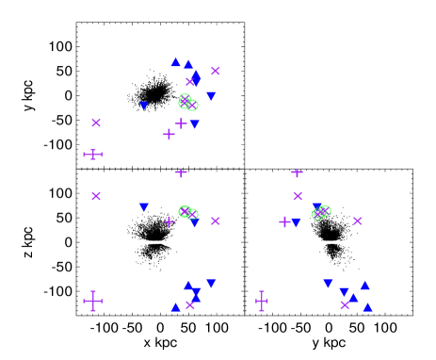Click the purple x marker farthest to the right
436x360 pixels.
tap(358, 221)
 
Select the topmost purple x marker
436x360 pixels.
tap(216, 71)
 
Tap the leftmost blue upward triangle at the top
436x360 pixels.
tap(175, 62)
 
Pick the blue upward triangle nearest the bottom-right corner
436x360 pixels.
tap(367, 307)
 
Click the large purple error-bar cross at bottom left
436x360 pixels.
tap(92, 301)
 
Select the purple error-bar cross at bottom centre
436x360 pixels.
tap(262, 301)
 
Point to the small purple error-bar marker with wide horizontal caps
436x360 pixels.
tap(92, 154)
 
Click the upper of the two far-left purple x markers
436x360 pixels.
tap(96, 123)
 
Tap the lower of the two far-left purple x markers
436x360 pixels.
tap(96, 196)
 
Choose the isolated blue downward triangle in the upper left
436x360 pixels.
tap(144, 106)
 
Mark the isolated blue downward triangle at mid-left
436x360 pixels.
tap(144, 207)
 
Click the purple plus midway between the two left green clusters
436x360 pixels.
tap(181, 172)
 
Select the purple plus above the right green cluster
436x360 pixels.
tap(297, 172)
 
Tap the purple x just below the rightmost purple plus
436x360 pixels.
tap(298, 196)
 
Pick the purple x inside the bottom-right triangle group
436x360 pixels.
tap(345, 304)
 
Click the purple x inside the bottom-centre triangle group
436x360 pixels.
tap(190, 304)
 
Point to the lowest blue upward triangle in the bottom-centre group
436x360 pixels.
tap(175, 307)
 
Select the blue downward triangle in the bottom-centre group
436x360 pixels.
tap(211, 283)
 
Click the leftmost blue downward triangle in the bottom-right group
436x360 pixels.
tap(328, 283)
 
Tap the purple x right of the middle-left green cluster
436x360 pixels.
tap(216, 221)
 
